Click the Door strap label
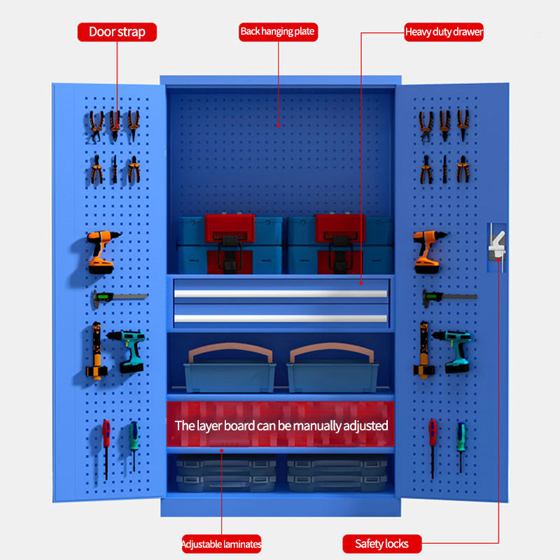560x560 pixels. [x=117, y=32]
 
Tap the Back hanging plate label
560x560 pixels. [x=278, y=32]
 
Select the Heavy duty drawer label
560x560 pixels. [x=444, y=32]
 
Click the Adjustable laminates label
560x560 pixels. [x=221, y=544]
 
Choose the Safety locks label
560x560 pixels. [x=381, y=544]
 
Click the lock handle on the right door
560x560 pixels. [x=497, y=246]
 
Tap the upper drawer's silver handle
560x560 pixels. [x=281, y=293]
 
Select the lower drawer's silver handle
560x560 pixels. [x=281, y=318]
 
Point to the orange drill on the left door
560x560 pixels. [x=102, y=252]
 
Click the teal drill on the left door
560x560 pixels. [x=129, y=351]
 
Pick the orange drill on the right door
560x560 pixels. [x=428, y=252]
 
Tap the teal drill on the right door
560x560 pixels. [x=454, y=351]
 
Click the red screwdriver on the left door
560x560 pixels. [x=106, y=450]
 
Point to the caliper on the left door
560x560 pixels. [x=119, y=298]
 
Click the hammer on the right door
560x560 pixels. [x=424, y=349]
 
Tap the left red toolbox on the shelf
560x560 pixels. [x=230, y=244]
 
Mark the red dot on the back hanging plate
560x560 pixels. [x=278, y=125]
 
